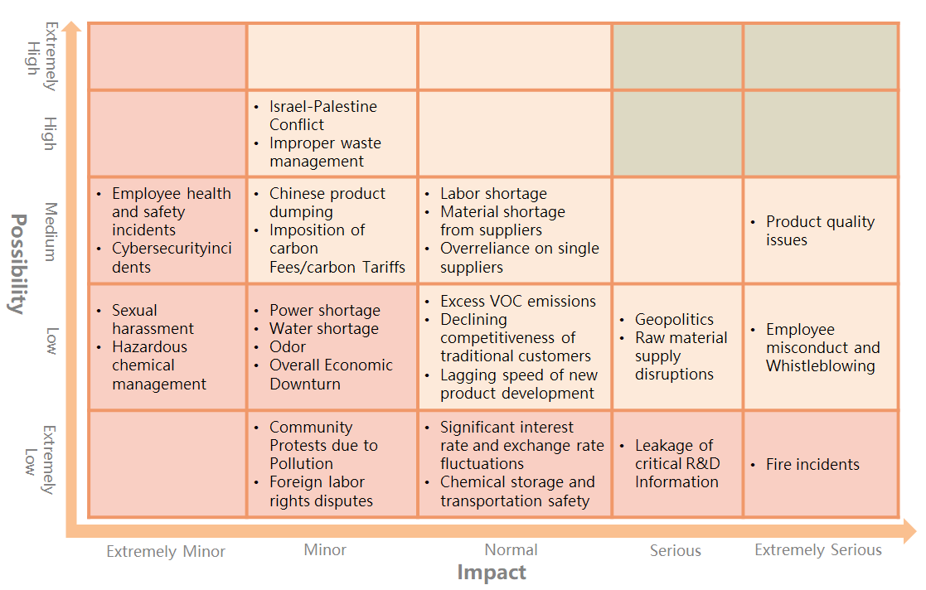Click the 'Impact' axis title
click(x=492, y=573)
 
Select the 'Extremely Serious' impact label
click(x=817, y=550)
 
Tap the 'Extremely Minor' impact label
click(x=166, y=552)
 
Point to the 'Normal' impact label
click(x=511, y=549)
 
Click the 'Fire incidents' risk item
click(x=812, y=465)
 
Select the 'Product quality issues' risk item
click(x=820, y=230)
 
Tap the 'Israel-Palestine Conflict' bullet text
click(x=322, y=115)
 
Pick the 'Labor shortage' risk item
click(x=493, y=194)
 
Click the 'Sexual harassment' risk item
click(x=153, y=319)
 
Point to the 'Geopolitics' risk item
click(x=674, y=320)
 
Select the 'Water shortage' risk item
click(x=323, y=329)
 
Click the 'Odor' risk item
click(x=288, y=347)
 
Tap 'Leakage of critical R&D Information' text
click(x=676, y=463)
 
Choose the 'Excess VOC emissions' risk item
click(x=517, y=302)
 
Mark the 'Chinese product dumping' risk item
click(x=327, y=202)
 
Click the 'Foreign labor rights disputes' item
click(x=321, y=491)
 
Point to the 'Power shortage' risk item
click(x=324, y=311)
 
